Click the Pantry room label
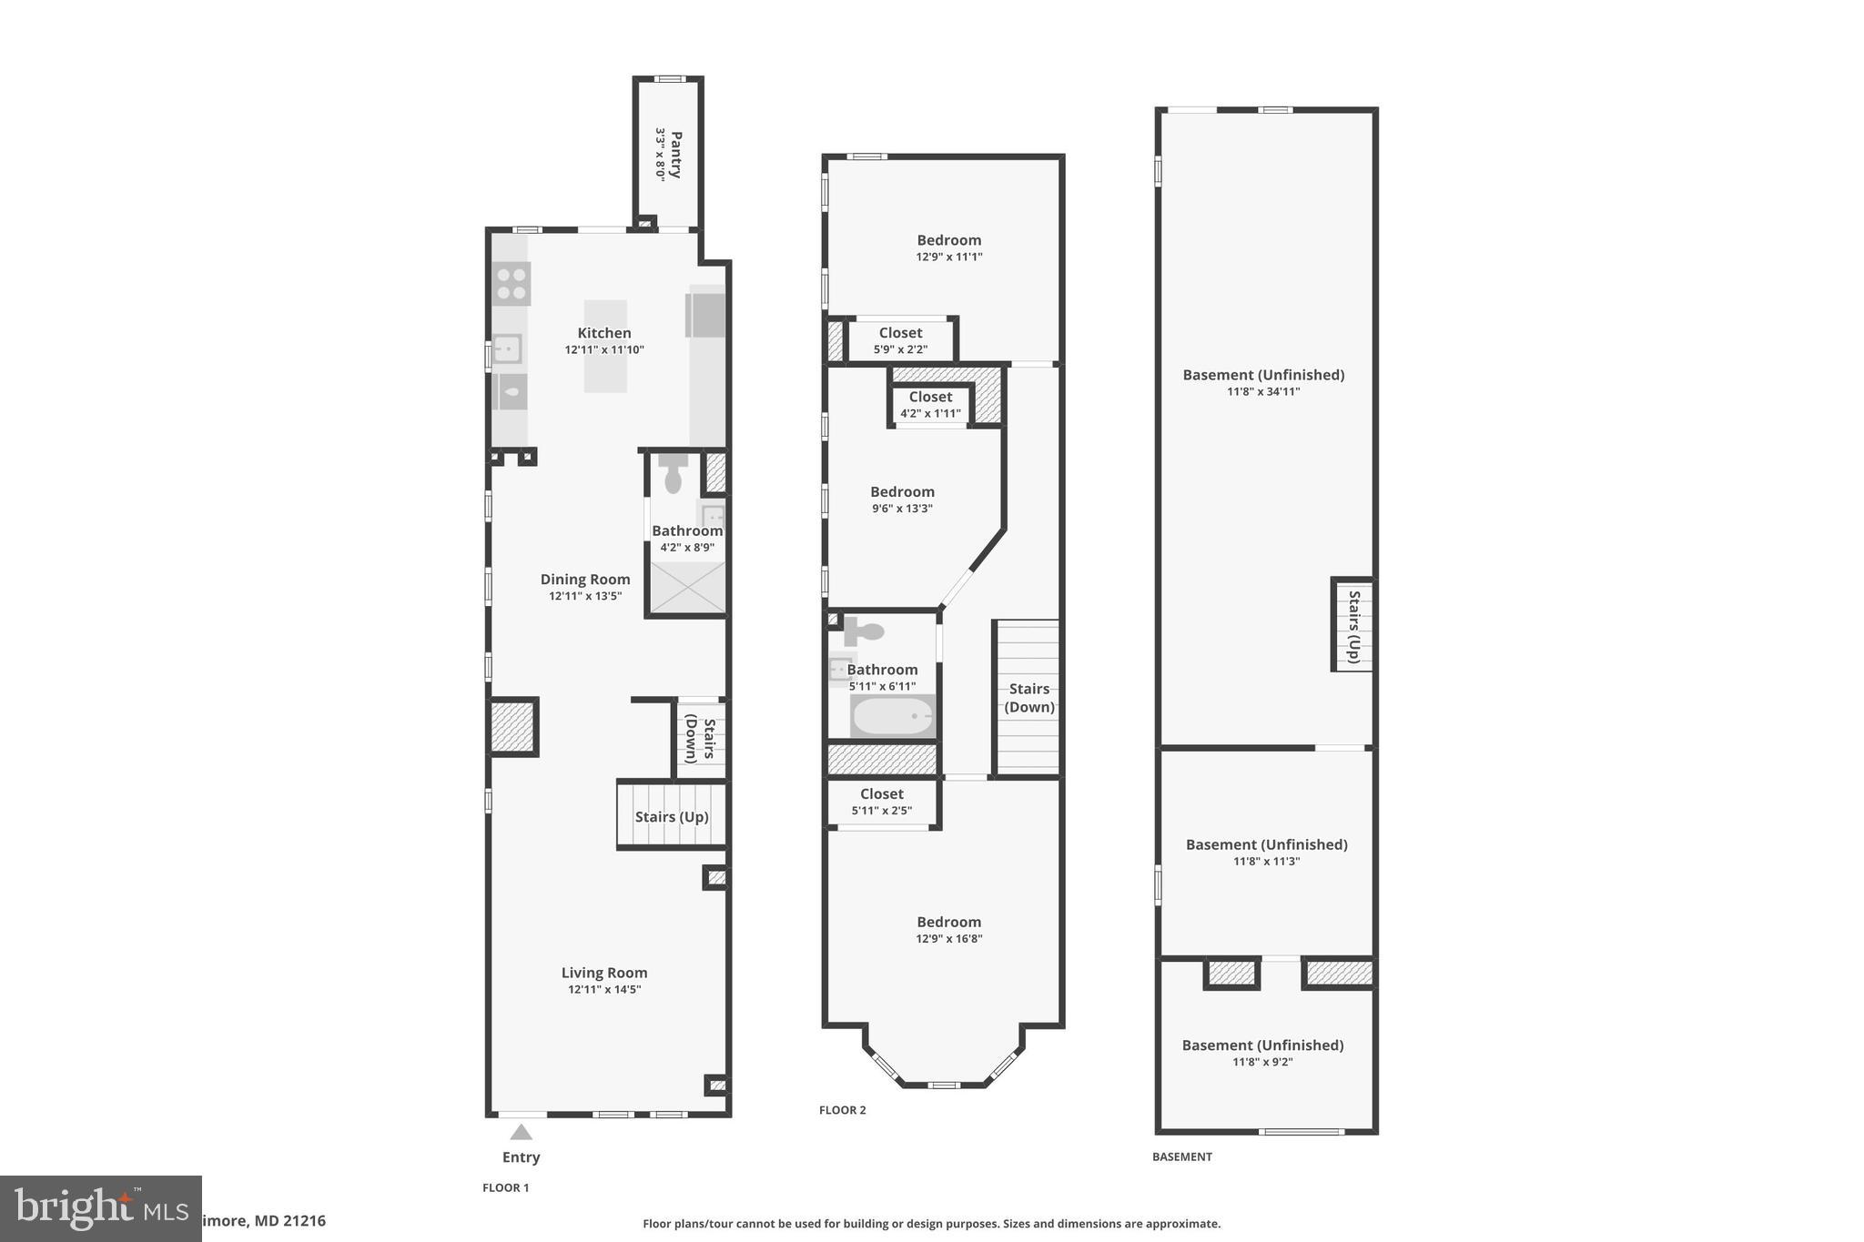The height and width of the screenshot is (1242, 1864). pyautogui.click(x=676, y=155)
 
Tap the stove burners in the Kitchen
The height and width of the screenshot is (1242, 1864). pyautogui.click(x=512, y=283)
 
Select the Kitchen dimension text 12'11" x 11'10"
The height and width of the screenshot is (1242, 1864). pyautogui.click(x=604, y=349)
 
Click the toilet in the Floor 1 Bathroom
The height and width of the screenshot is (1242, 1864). pyautogui.click(x=674, y=474)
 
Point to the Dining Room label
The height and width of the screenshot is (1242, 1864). pyautogui.click(x=585, y=579)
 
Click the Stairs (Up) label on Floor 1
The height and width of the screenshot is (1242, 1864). pyautogui.click(x=672, y=816)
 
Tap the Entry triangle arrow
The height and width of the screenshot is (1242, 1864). pyautogui.click(x=521, y=1133)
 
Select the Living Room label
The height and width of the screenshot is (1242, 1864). pyautogui.click(x=604, y=973)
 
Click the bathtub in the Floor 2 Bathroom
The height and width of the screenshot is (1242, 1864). pyautogui.click(x=892, y=716)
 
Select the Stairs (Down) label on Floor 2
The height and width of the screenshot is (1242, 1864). pyautogui.click(x=1029, y=698)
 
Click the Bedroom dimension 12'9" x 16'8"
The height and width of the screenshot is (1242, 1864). pyautogui.click(x=949, y=939)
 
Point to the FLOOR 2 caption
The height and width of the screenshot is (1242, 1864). pyautogui.click(x=842, y=1110)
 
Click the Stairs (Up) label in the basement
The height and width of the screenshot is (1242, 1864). pyautogui.click(x=1354, y=626)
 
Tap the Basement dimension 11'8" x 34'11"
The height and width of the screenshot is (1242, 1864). pyautogui.click(x=1263, y=392)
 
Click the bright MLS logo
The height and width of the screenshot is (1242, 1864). pyautogui.click(x=100, y=1208)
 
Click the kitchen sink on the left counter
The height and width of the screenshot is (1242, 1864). pyautogui.click(x=507, y=348)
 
